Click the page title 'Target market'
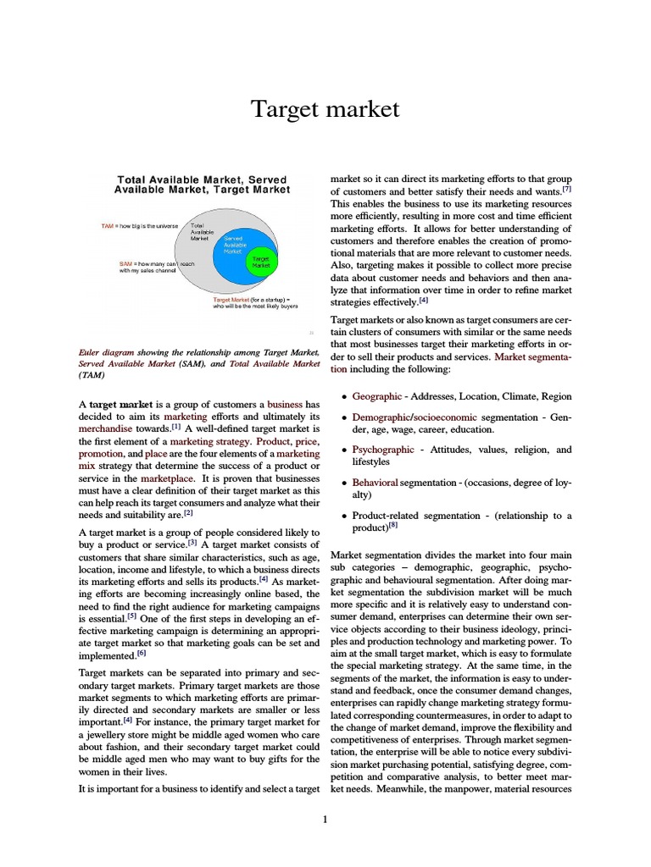tap(325, 109)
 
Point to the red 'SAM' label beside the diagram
tap(125, 263)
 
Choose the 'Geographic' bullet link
tap(377, 396)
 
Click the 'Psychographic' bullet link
tap(383, 450)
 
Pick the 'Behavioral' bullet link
tap(375, 482)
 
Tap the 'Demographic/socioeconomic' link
tap(415, 417)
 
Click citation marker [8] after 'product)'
tap(392, 526)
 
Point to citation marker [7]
tap(566, 191)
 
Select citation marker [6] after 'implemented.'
tap(142, 652)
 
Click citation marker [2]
tap(189, 512)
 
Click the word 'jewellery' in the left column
tap(112, 721)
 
